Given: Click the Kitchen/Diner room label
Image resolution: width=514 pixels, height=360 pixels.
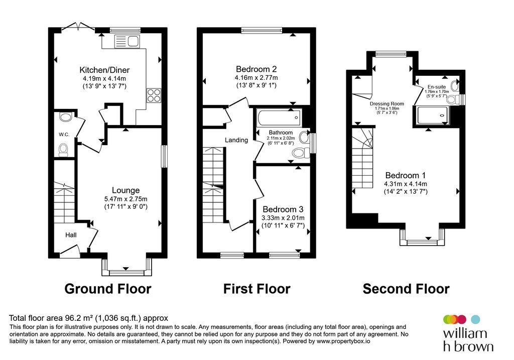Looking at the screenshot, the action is (x=104, y=70).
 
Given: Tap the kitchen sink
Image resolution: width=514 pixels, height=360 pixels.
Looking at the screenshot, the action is (x=127, y=41).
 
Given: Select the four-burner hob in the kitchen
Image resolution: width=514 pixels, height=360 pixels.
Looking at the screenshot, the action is (x=154, y=95).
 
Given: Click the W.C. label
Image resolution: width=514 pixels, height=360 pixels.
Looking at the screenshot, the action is (x=64, y=135).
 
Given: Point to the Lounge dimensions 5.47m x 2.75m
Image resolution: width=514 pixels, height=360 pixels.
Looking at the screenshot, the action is (x=126, y=199).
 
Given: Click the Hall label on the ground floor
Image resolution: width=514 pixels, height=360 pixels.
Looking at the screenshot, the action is (x=71, y=235).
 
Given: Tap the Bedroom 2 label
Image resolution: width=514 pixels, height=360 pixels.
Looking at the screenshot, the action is (x=256, y=69).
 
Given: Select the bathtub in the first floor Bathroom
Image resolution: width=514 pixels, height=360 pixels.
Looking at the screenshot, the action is (x=279, y=118).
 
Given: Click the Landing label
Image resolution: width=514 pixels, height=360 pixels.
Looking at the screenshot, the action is (x=236, y=140).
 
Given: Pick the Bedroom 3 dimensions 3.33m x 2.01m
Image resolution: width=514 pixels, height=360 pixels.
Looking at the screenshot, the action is (x=283, y=218).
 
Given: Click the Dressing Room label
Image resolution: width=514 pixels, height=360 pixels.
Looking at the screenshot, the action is (x=387, y=103).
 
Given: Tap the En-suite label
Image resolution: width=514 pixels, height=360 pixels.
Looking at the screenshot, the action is (x=437, y=87).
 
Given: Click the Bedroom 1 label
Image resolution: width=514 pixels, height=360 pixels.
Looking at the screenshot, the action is (x=406, y=175).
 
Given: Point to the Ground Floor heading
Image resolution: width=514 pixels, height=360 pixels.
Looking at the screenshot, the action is (x=108, y=289).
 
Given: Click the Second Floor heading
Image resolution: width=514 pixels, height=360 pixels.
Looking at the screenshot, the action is (x=406, y=289).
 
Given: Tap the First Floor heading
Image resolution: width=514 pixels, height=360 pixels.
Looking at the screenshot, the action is (x=257, y=289).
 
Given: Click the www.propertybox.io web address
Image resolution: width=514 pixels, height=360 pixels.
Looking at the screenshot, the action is (x=343, y=341).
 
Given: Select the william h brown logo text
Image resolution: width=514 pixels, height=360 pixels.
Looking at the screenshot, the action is (x=468, y=340).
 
